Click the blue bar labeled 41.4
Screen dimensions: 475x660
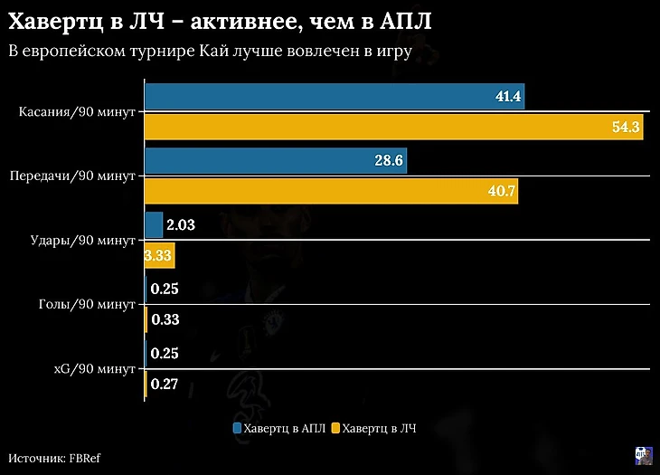pyautogui.click(x=335, y=97)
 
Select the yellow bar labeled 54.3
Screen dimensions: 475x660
pyautogui.click(x=393, y=128)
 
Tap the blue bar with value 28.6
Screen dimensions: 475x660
pyautogui.click(x=276, y=161)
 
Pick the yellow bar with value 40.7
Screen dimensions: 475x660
pyautogui.click(x=331, y=191)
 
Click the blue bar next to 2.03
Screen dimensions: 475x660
pyautogui.click(x=154, y=224)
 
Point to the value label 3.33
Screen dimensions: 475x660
pyautogui.click(x=158, y=256)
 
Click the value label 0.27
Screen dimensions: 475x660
pyautogui.click(x=165, y=385)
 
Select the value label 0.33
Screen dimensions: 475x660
pyautogui.click(x=165, y=319)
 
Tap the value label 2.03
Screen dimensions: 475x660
pyautogui.click(x=181, y=224)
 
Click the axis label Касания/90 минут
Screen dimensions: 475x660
pyautogui.click(x=77, y=112)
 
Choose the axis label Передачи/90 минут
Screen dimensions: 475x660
pyautogui.click(x=72, y=176)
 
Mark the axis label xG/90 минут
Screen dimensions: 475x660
pyautogui.click(x=92, y=368)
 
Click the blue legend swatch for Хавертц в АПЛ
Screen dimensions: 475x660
pyautogui.click(x=237, y=427)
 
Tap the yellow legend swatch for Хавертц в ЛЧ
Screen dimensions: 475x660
pyautogui.click(x=335, y=427)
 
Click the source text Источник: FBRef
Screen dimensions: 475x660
pyautogui.click(x=54, y=458)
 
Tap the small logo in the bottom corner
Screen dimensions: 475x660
pyautogui.click(x=644, y=455)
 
